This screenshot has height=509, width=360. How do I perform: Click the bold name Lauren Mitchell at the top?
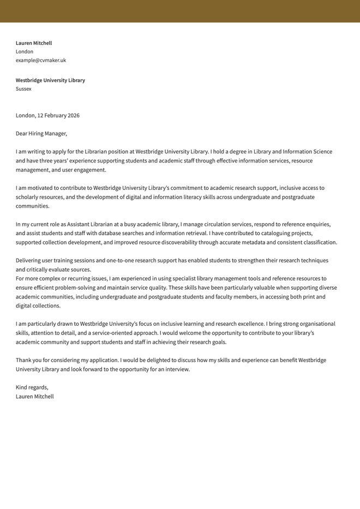click(x=34, y=43)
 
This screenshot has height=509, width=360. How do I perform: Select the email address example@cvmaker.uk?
click(x=41, y=61)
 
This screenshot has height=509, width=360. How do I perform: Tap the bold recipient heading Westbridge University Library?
click(x=50, y=80)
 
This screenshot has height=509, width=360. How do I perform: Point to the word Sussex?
click(x=23, y=89)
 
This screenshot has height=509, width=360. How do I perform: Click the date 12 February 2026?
click(x=58, y=116)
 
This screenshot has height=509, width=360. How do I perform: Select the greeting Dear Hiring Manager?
click(x=41, y=134)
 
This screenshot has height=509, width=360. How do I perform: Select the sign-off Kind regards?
click(x=32, y=387)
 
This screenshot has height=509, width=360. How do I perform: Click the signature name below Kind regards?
click(x=35, y=397)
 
